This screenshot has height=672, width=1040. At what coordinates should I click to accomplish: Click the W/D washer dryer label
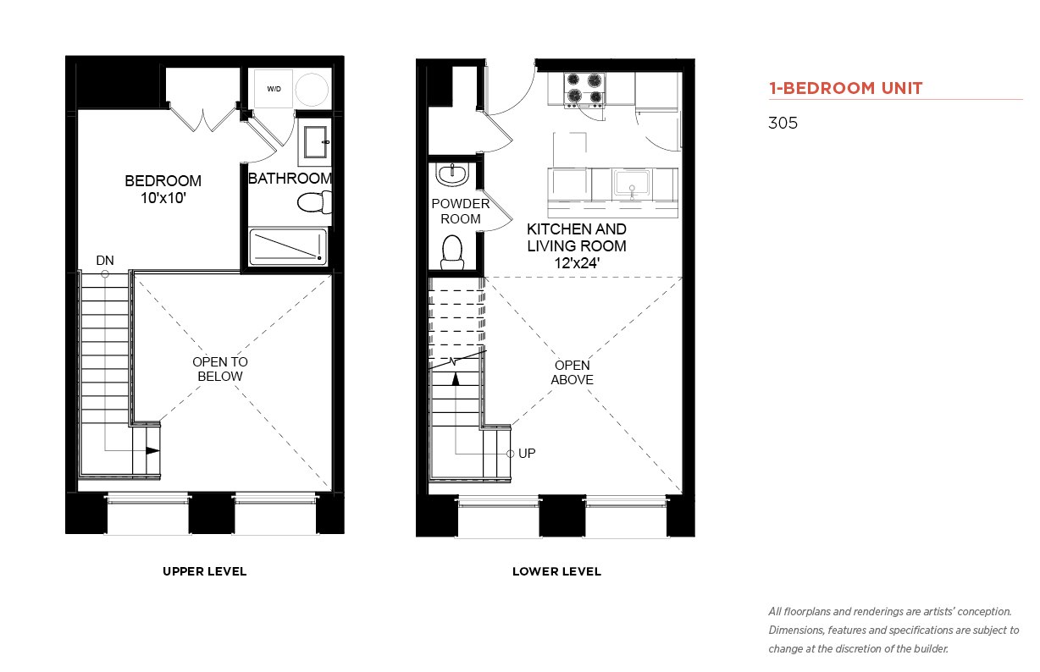tap(274, 89)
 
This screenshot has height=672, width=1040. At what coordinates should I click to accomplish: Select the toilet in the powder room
tap(452, 252)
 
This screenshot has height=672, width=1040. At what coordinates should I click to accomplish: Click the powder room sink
tap(452, 174)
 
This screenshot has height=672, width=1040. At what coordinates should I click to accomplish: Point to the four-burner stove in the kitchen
tap(584, 90)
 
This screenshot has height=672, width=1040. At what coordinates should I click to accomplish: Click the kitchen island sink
tap(632, 184)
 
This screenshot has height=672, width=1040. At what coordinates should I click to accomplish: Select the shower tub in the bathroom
tap(288, 246)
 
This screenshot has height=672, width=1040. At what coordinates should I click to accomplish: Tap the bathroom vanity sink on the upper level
tap(315, 142)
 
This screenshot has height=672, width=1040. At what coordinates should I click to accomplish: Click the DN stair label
tap(105, 261)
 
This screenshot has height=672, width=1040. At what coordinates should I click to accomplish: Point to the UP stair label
tap(527, 454)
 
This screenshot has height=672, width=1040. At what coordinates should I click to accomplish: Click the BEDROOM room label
tap(163, 180)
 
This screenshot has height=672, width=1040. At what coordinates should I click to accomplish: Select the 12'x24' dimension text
tap(577, 263)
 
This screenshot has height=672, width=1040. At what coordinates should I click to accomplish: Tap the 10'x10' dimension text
tap(163, 198)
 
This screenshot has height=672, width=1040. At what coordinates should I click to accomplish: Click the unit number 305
tap(783, 123)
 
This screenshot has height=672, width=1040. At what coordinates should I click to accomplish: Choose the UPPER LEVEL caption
tap(205, 571)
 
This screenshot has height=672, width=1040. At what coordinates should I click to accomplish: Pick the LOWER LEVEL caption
tap(556, 571)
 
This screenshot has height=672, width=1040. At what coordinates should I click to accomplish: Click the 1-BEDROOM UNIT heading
tap(845, 88)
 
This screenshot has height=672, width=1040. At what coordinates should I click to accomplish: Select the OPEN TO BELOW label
tap(220, 369)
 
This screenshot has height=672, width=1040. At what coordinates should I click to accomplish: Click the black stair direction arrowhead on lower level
tap(456, 379)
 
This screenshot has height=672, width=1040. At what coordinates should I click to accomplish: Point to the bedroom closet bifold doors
tap(203, 118)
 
